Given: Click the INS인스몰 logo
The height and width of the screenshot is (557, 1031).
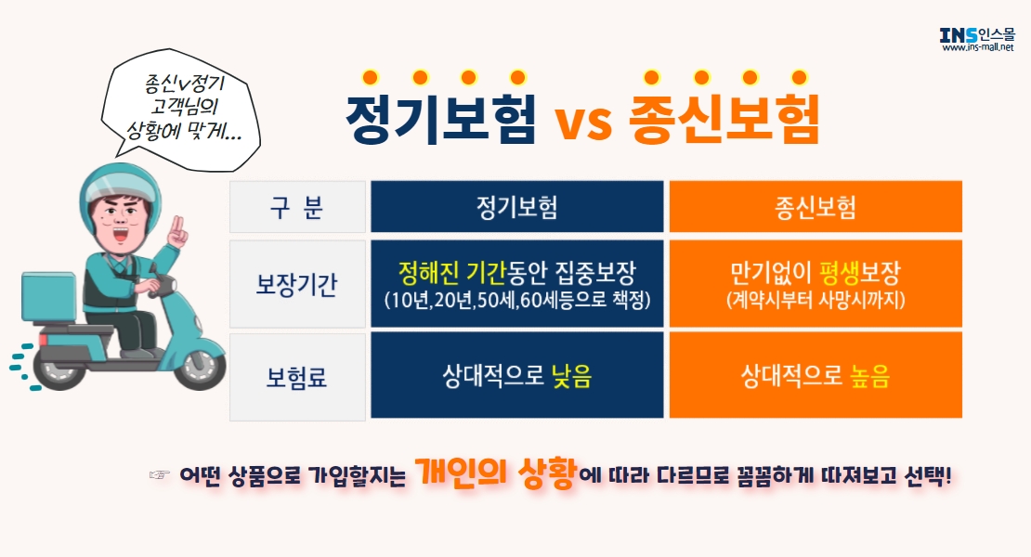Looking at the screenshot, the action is (x=978, y=39).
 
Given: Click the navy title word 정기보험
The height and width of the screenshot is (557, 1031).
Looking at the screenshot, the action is (x=440, y=118).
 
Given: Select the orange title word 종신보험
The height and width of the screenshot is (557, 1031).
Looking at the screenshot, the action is (x=724, y=118).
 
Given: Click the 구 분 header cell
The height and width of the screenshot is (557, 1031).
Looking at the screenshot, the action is (x=297, y=207).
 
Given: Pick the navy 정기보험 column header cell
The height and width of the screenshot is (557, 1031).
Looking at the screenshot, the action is (x=516, y=207).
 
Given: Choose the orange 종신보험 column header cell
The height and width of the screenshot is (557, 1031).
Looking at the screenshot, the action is (x=816, y=207).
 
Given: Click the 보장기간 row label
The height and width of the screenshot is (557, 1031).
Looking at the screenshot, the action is (x=297, y=284).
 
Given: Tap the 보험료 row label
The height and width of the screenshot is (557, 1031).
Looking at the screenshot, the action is (x=297, y=377).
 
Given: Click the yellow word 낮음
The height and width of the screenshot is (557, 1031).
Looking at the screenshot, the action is (x=571, y=376).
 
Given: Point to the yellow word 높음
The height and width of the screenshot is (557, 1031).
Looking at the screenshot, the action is (x=870, y=376).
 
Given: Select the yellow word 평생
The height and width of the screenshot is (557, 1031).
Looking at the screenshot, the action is (x=840, y=272).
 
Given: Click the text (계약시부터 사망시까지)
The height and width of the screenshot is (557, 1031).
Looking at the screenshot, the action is (x=816, y=300).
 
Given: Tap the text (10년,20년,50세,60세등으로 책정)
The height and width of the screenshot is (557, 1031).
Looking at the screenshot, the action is (x=516, y=300).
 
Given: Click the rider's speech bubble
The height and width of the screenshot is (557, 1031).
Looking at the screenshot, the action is (x=181, y=109).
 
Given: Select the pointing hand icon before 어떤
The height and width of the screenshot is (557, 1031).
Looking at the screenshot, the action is (x=159, y=474).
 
